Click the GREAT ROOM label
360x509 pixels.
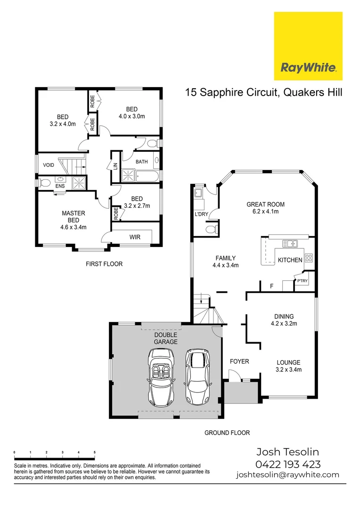[266, 205]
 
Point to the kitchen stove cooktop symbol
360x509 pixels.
[309, 258]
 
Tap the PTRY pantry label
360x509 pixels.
[302, 281]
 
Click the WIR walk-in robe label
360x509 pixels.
[135, 237]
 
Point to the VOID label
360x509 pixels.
[49, 165]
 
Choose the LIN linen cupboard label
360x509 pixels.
[115, 166]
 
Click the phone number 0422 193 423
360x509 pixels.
[288, 464]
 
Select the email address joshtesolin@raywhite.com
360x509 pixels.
[287, 475]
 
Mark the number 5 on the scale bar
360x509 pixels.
[95, 452]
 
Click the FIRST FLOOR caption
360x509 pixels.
[104, 264]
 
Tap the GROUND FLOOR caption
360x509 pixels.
[227, 433]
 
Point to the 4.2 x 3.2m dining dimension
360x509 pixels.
[284, 324]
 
